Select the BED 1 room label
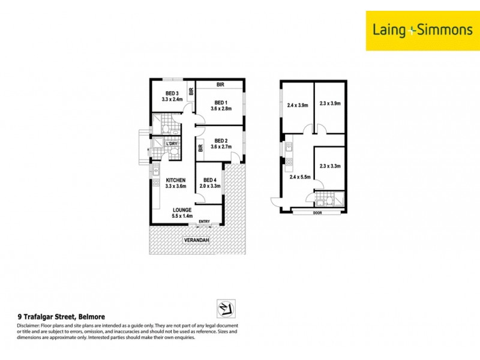[x=220, y=101]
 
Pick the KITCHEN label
[x=176, y=180]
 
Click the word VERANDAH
[x=197, y=240]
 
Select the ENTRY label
[x=204, y=222]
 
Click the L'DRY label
[x=172, y=143]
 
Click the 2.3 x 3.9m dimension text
[x=330, y=103]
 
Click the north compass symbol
[x=226, y=308]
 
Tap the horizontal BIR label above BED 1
[x=220, y=85]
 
